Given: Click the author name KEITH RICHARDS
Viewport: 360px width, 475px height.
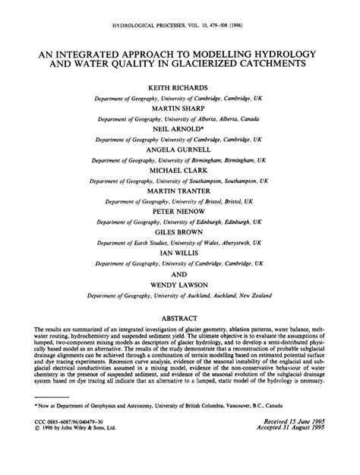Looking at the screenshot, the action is click(179, 90).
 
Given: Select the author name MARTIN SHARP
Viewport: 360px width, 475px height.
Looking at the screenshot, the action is click(179, 110).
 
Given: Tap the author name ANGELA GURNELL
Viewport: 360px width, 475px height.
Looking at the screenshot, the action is click(179, 151).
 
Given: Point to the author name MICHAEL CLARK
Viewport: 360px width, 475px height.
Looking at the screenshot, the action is click(179, 171).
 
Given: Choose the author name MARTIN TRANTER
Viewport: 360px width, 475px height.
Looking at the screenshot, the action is click(179, 192).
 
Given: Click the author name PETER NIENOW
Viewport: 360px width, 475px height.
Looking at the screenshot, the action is click(179, 212).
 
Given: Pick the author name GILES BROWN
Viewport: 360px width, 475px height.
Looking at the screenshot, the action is click(179, 233).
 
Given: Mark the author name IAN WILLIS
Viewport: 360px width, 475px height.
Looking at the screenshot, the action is click(179, 253).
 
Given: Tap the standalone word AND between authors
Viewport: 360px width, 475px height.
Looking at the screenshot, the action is click(179, 273).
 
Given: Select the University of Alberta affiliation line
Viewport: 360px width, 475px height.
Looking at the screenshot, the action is click(179, 120).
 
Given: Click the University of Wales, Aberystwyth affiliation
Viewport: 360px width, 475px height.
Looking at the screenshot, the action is click(179, 244).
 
